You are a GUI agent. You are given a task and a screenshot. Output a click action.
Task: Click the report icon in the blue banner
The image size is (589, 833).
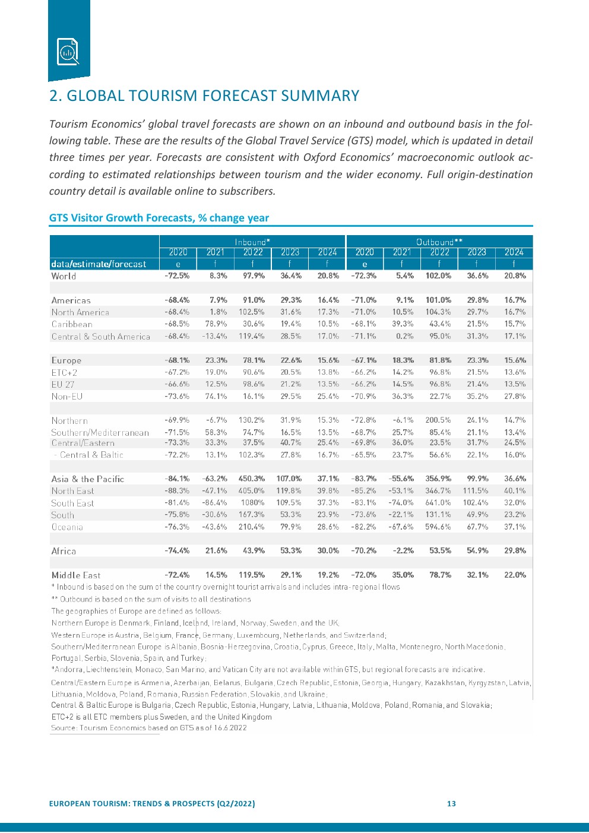click(x=68, y=52)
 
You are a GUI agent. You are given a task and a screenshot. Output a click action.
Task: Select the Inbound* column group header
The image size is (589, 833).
click(x=252, y=242)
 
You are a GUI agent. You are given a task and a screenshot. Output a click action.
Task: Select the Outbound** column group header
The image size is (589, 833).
click(x=439, y=242)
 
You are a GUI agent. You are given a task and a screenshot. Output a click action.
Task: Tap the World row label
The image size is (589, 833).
click(x=64, y=276)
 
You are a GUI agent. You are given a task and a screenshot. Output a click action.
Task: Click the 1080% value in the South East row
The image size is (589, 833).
click(x=252, y=503)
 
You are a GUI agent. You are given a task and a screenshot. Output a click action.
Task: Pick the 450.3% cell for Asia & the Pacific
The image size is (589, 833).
click(x=252, y=479)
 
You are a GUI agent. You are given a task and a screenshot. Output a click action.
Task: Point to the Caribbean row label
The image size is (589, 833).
click(x=72, y=324)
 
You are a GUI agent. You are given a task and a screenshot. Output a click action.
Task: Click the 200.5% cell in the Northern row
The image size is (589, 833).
click(x=438, y=420)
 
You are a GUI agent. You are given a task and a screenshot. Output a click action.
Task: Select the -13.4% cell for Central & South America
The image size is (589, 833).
click(x=214, y=336)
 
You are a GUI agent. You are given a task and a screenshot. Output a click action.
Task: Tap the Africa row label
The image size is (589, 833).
click(x=64, y=551)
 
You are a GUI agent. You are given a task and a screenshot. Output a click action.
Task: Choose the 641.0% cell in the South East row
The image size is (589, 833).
click(x=438, y=503)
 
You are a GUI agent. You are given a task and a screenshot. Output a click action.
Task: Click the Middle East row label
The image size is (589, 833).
click(x=76, y=575)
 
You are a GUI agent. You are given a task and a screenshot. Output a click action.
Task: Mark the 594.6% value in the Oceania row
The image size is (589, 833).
click(x=438, y=527)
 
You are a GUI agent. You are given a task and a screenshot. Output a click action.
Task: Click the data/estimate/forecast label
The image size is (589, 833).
click(x=99, y=264)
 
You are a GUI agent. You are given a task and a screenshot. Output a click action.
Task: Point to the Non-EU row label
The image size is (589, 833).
click(x=67, y=396)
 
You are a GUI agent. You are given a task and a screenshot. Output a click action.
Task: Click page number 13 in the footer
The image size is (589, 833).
click(x=451, y=803)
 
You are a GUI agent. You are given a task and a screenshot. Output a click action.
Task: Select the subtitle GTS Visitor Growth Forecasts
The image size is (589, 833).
click(x=122, y=218)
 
